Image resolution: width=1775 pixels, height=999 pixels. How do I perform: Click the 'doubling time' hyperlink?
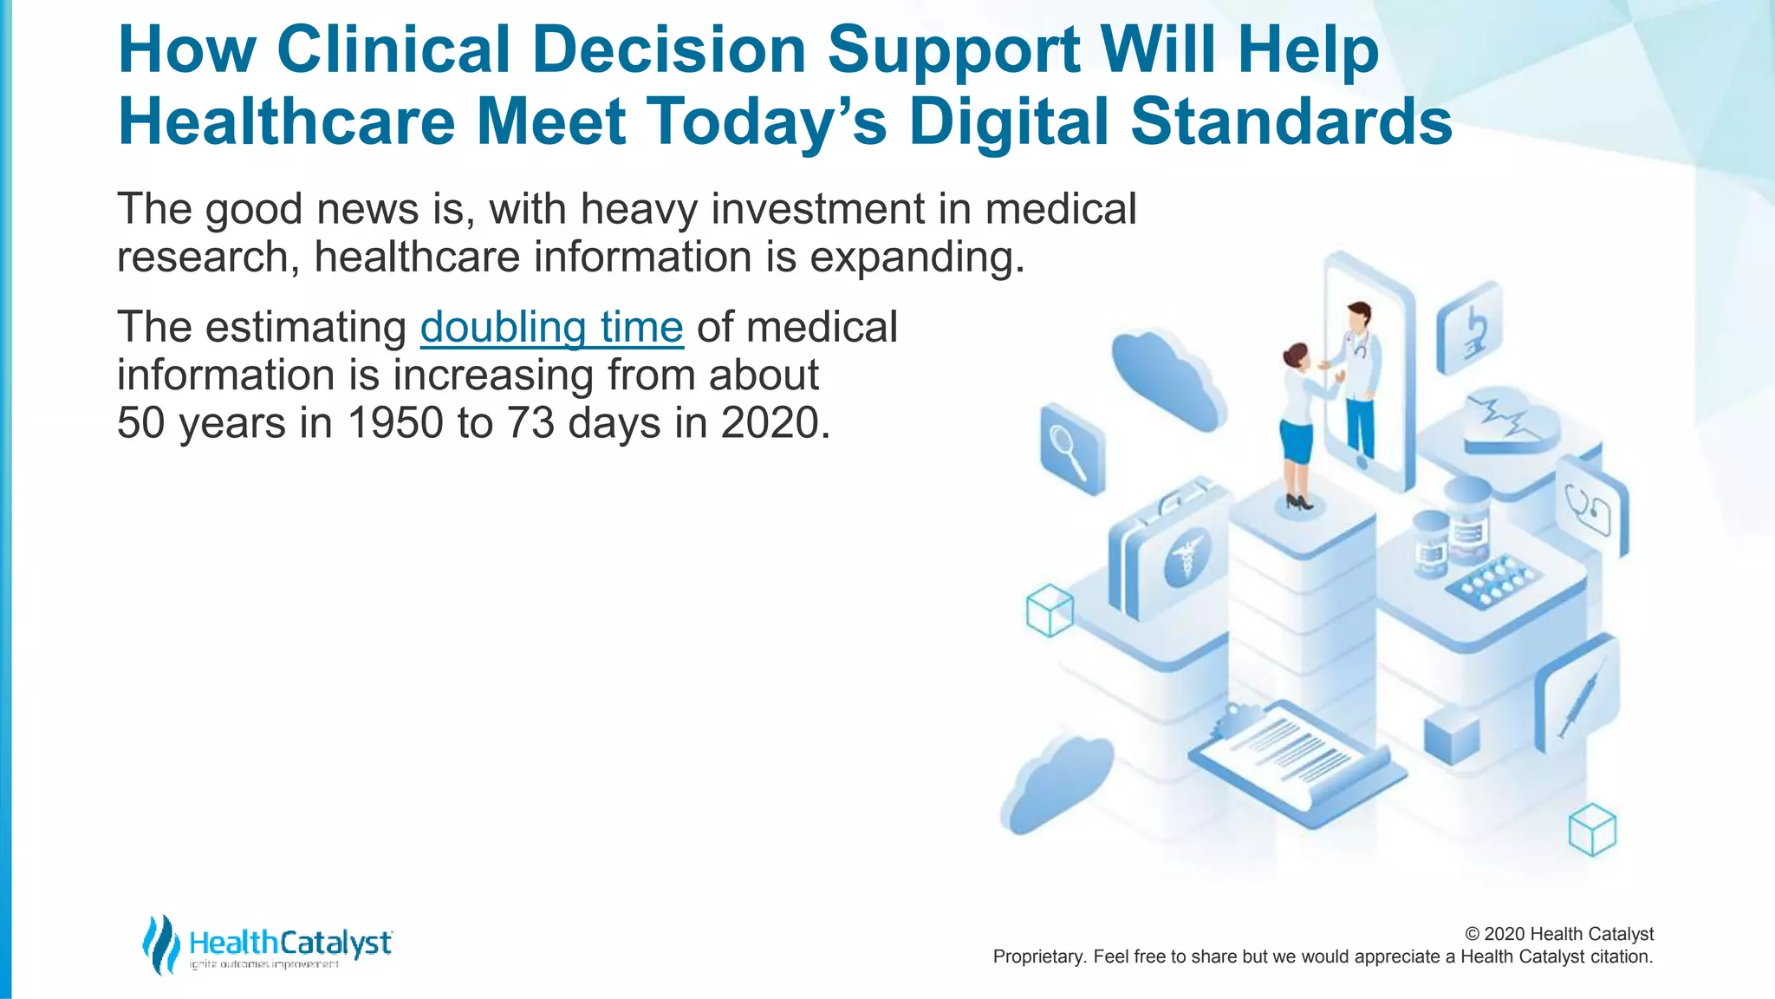tap(551, 328)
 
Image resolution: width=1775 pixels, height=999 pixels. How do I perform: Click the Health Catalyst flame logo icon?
tap(160, 943)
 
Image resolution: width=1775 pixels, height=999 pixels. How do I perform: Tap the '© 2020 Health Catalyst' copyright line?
tap(1558, 934)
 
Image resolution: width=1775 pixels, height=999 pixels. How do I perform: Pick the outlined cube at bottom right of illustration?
tap(1592, 830)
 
